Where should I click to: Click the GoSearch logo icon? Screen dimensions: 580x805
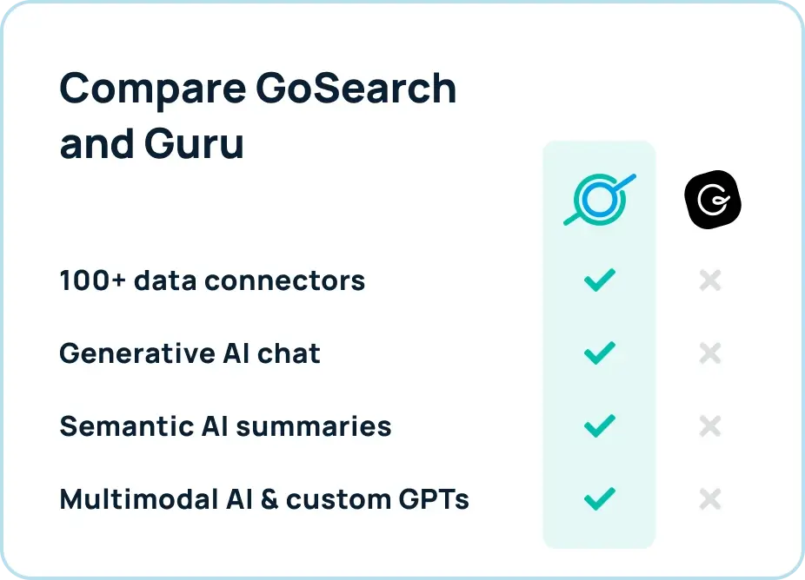click(x=599, y=200)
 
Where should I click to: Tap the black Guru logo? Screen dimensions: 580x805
click(x=713, y=200)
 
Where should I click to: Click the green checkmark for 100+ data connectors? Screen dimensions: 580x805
click(x=599, y=280)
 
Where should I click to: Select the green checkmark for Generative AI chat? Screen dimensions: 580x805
click(x=599, y=353)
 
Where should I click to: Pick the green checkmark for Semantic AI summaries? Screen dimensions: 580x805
click(x=599, y=425)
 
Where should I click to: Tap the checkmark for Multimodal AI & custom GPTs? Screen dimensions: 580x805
click(x=599, y=498)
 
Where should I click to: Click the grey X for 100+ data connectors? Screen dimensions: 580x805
click(x=710, y=280)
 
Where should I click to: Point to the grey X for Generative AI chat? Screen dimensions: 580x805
click(x=710, y=353)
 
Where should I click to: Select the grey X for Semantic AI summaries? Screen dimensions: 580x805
click(x=710, y=426)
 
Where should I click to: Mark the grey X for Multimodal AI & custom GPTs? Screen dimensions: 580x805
click(x=710, y=499)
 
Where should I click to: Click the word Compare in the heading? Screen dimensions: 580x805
click(x=138, y=89)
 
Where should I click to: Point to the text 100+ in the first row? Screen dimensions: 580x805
click(x=89, y=280)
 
